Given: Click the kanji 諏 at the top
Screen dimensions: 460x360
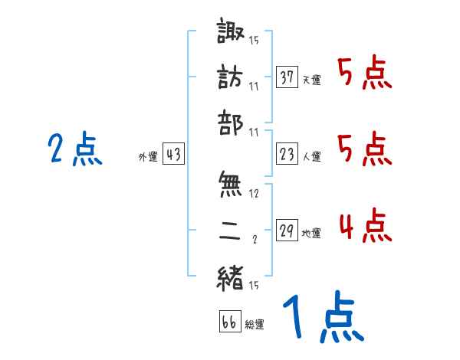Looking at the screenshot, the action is pos(232,35).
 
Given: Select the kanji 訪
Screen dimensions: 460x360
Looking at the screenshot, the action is pos(232,77).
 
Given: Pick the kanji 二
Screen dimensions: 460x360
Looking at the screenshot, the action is pos(232,231).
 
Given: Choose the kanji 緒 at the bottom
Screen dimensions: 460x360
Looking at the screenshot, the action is pos(232,277).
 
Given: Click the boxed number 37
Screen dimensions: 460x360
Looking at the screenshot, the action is pos(287,77).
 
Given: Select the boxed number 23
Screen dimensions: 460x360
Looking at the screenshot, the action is pos(287,155).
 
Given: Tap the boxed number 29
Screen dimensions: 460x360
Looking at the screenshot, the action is pos(287,231).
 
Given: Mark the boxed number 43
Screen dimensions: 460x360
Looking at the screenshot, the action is pos(173,155).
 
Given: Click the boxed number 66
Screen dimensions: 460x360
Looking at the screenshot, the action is pos(229,322).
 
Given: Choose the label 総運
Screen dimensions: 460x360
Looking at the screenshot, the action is pos(255,324).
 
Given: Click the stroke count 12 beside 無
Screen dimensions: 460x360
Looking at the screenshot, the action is pos(255,195).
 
